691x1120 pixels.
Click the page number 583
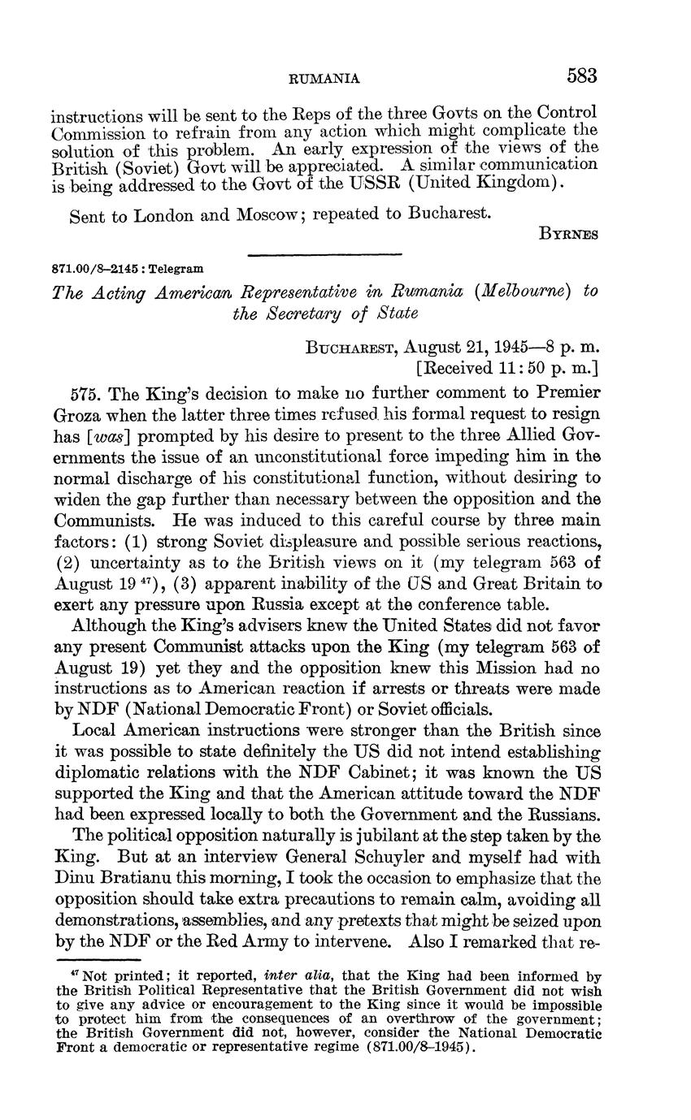pyautogui.click(x=582, y=76)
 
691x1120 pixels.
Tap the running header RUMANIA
pyautogui.click(x=325, y=78)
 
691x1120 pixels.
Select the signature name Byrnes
pyautogui.click(x=569, y=234)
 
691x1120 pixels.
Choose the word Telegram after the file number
pyautogui.click(x=176, y=268)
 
